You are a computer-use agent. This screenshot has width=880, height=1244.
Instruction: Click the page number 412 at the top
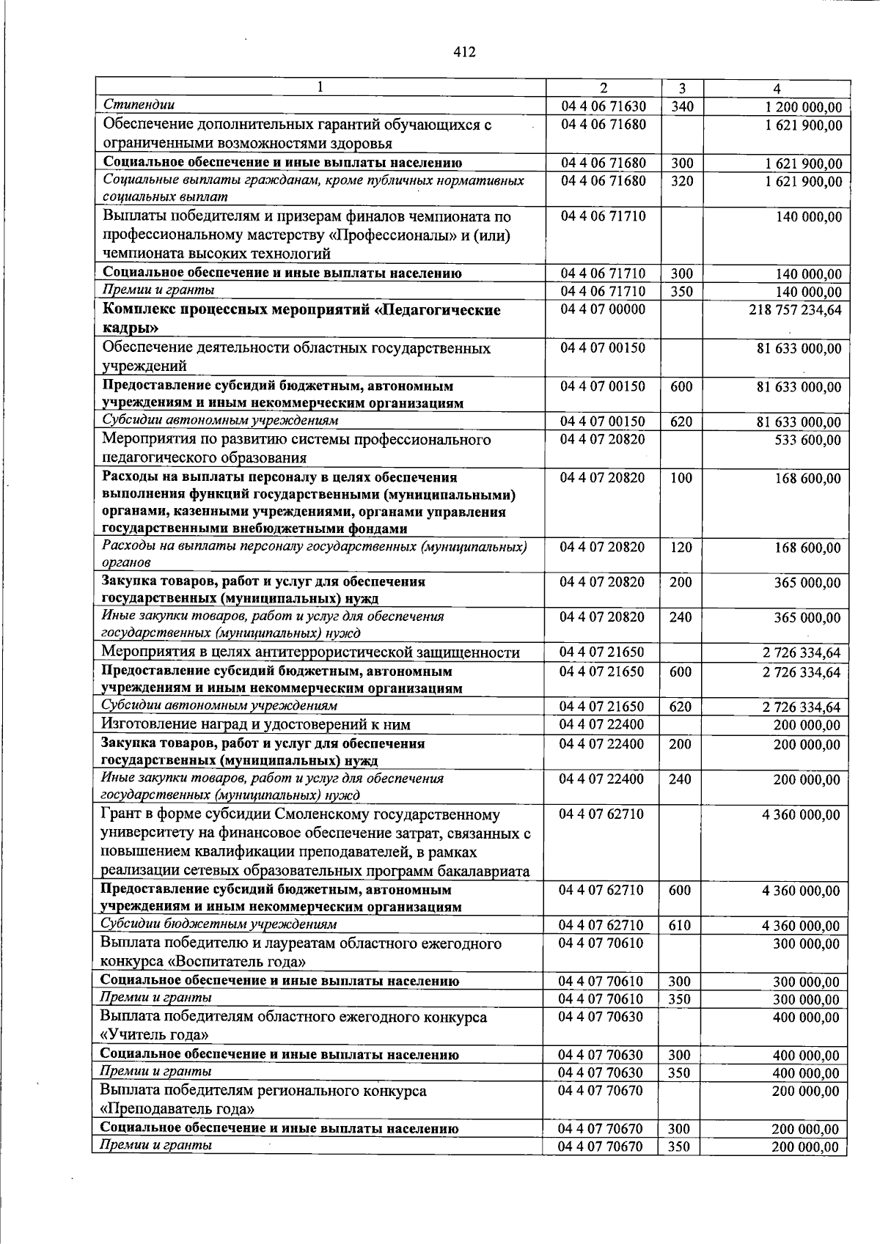[464, 52]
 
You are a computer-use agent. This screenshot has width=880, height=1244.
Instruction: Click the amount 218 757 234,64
[795, 310]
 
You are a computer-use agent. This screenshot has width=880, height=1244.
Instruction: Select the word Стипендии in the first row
[139, 105]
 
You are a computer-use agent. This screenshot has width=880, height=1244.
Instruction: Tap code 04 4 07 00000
[603, 309]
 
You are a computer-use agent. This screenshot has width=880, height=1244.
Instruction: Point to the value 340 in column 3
[681, 107]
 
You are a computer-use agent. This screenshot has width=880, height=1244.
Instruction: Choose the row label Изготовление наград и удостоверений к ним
[255, 724]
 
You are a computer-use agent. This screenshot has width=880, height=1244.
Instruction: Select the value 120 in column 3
[681, 547]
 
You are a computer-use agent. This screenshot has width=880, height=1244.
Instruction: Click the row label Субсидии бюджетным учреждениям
[219, 924]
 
